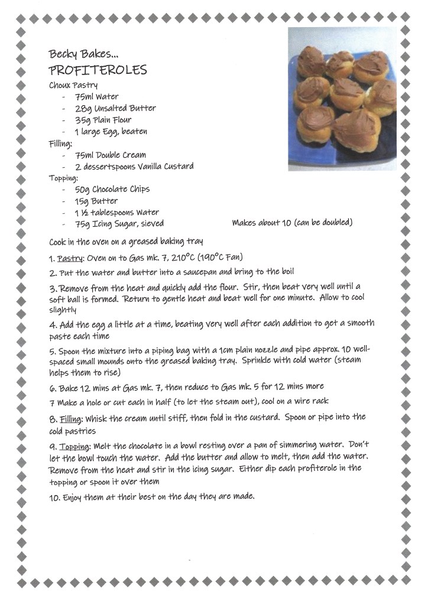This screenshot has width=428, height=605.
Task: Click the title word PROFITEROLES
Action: point(98,70)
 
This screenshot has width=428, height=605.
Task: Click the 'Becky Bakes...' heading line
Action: point(83,54)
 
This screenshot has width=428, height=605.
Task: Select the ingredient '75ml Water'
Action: point(96,96)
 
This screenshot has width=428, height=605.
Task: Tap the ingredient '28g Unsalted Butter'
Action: point(115,108)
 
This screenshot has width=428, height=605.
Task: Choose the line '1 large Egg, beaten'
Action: point(111,131)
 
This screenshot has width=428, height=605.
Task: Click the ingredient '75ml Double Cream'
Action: point(110,155)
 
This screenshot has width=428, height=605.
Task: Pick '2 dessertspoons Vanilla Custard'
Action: point(134,167)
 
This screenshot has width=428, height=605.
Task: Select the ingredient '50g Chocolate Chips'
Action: point(112,189)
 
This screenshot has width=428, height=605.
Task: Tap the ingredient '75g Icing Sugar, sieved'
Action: point(119,223)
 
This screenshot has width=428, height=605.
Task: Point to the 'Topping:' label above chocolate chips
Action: point(63,178)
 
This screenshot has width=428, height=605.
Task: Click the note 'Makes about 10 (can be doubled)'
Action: point(292,223)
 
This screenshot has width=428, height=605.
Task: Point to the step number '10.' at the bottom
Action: point(54,497)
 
